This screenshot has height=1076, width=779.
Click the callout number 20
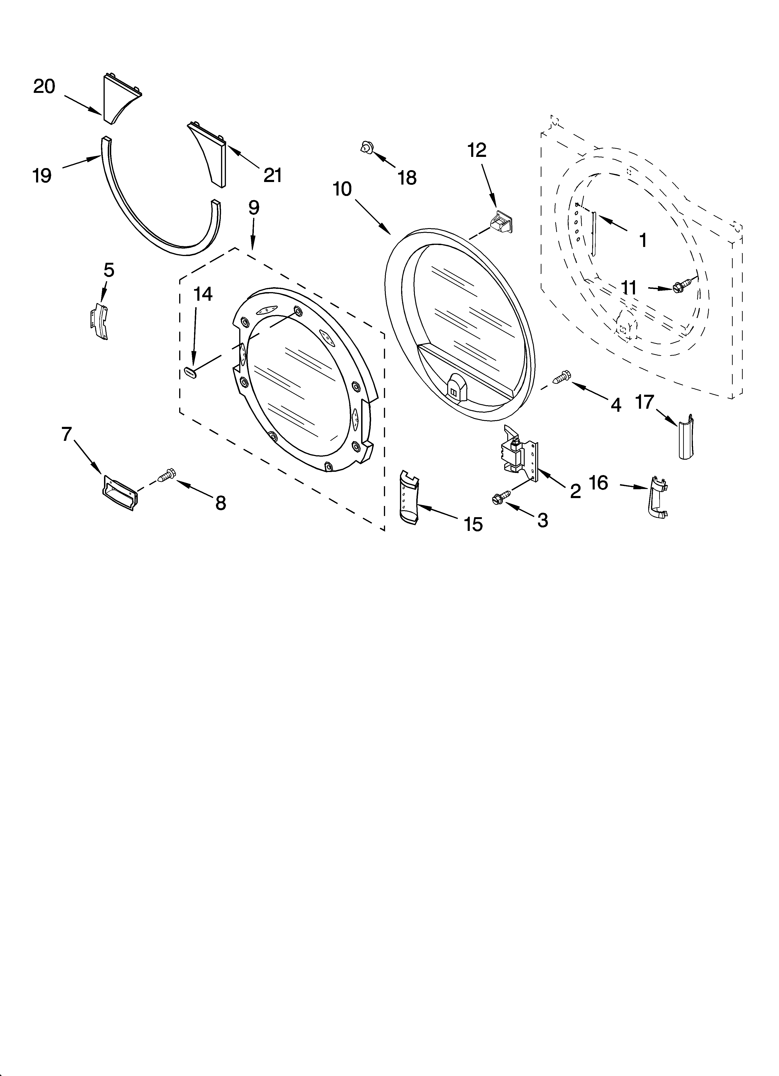[x=44, y=87]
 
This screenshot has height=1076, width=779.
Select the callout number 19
[x=42, y=176]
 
